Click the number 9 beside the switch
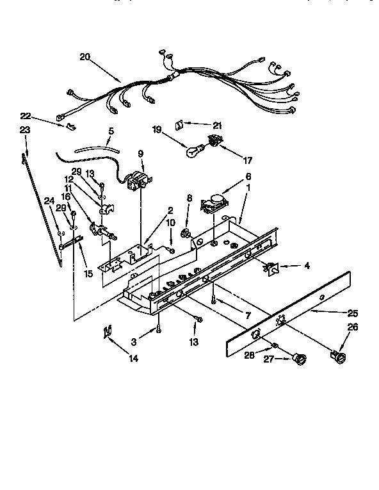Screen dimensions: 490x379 pos(140,154)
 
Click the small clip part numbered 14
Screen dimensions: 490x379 pos(108,331)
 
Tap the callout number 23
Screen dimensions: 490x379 pos(25,129)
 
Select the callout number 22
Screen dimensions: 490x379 pos(25,116)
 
